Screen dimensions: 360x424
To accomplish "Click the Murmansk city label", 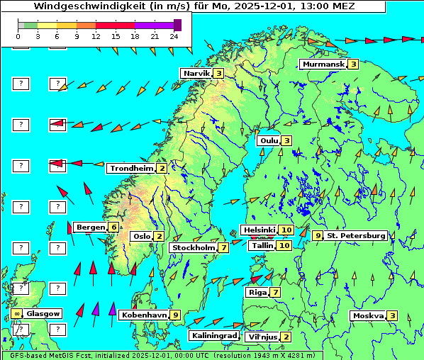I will point(323,64).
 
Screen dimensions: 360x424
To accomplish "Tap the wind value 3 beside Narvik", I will point(219,73).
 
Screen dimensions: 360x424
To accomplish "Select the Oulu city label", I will point(269,140).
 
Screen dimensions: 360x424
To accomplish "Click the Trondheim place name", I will point(131,169).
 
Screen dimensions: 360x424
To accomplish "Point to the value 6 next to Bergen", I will point(113,227).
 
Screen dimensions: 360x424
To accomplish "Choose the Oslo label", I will point(141,237).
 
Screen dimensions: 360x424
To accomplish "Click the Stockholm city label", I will point(194,248).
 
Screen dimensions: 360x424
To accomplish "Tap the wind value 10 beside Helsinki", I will point(286,230).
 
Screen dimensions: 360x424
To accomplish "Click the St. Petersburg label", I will point(356,235).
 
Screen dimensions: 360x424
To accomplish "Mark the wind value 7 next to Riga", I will point(275,292).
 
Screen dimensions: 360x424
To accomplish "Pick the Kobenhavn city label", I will point(144,315).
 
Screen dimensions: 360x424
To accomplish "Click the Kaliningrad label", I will point(213,336).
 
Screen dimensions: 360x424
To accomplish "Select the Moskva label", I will point(368,316).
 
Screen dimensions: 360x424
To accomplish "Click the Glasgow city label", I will point(44,313).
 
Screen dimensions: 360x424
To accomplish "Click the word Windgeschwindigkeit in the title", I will point(100,6).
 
